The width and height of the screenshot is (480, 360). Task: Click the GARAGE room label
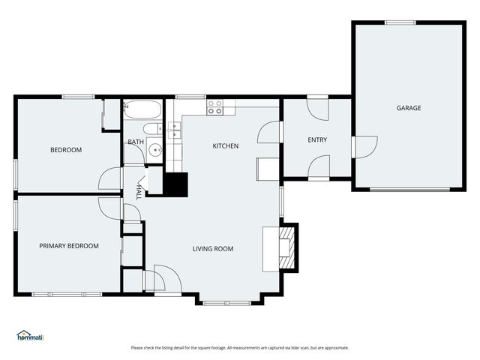tap(409, 108)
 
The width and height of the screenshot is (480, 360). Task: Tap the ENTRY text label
tap(317, 140)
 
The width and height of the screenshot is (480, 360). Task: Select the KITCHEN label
tap(225, 146)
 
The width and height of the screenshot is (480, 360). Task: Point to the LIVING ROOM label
tap(213, 249)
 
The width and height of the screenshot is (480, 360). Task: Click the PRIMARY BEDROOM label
tap(69, 246)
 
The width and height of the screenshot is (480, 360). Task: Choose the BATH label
tap(136, 142)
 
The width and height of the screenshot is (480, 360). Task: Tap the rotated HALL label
tap(139, 192)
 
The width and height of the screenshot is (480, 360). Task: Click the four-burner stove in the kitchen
tap(215, 106)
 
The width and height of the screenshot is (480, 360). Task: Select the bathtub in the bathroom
tap(142, 110)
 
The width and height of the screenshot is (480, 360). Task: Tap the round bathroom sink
tap(155, 149)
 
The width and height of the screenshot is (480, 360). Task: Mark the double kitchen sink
tap(174, 130)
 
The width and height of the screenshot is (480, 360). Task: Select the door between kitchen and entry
tap(269, 132)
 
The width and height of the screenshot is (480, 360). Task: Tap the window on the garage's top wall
tap(400, 22)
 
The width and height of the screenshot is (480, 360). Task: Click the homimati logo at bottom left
tap(31, 336)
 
